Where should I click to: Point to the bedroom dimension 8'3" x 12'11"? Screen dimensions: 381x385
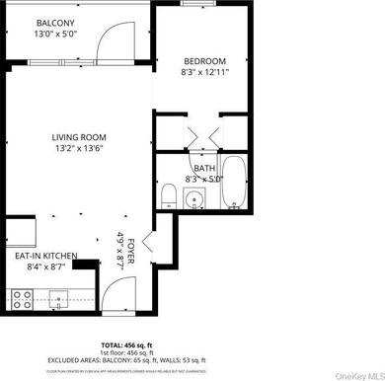(206, 71)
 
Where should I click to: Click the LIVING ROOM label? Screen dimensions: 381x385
(79, 137)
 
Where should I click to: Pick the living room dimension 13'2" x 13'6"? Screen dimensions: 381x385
(79, 149)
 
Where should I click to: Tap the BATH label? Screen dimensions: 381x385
(204, 168)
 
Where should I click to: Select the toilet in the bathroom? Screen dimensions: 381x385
(168, 191)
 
